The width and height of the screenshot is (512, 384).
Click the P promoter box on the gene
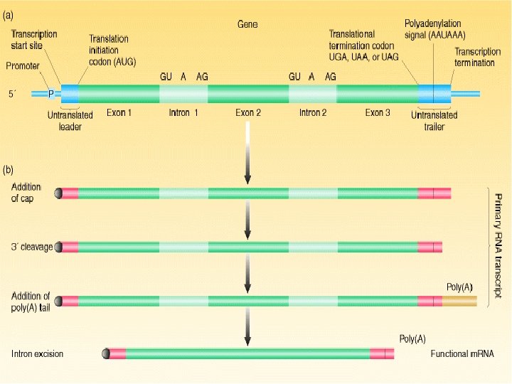pos(50,93)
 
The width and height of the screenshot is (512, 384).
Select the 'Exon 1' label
pos(119,112)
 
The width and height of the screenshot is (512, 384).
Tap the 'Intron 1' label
pos(183,112)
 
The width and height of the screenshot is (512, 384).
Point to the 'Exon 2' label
pos(248,112)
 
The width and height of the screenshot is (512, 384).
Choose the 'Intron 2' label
pos(313,112)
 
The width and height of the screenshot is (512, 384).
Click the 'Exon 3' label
pos(378,112)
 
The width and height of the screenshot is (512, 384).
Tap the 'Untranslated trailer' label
pos(434,121)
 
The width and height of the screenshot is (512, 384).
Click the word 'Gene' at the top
pos(247,24)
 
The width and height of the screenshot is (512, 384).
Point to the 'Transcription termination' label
pos(474,57)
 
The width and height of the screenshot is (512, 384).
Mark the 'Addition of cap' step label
pos(27,192)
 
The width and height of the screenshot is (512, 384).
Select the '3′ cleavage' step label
pos(32,246)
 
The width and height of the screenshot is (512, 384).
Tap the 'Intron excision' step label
pos(37,353)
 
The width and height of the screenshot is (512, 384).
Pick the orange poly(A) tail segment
pos(459,301)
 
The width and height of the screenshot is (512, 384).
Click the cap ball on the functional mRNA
pos(106,353)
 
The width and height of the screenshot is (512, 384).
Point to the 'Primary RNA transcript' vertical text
pos(499,247)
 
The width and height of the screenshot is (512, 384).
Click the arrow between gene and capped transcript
pos(247,153)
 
